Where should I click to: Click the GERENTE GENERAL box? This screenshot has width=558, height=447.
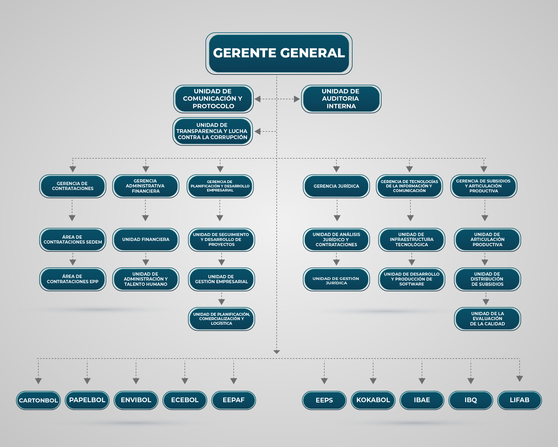pos(279,53)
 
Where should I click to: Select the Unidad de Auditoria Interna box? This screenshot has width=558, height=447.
pos(341,99)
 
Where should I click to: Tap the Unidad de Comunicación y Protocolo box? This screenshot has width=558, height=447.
pos(213,99)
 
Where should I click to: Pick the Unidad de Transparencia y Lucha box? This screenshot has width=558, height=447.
pos(212,131)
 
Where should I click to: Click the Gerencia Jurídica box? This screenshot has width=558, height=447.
pos(336,186)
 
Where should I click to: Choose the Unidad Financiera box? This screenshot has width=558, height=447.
pos(146,240)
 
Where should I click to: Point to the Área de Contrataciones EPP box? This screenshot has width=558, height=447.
pos(73,279)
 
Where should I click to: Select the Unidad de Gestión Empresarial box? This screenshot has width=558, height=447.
pos(221,279)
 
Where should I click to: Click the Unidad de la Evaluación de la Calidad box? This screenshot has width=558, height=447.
pos(487,319)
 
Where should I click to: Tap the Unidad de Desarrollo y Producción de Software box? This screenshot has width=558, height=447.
pos(412,279)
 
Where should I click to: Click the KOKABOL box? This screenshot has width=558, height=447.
pos(373,400)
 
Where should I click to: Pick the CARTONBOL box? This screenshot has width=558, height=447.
pos(38,400)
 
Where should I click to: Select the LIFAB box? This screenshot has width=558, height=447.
pos(519,400)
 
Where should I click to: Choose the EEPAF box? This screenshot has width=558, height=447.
pos(234,400)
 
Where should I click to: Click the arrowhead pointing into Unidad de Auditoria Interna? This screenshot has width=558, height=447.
pos(297,99)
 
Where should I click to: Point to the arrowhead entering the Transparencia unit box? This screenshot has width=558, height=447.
pos(257,132)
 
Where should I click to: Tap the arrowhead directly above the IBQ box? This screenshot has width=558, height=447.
pos(471,381)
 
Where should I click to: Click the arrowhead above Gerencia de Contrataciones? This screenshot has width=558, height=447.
pos(73,169)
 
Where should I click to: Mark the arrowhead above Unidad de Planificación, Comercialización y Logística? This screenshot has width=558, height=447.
pos(221,302)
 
